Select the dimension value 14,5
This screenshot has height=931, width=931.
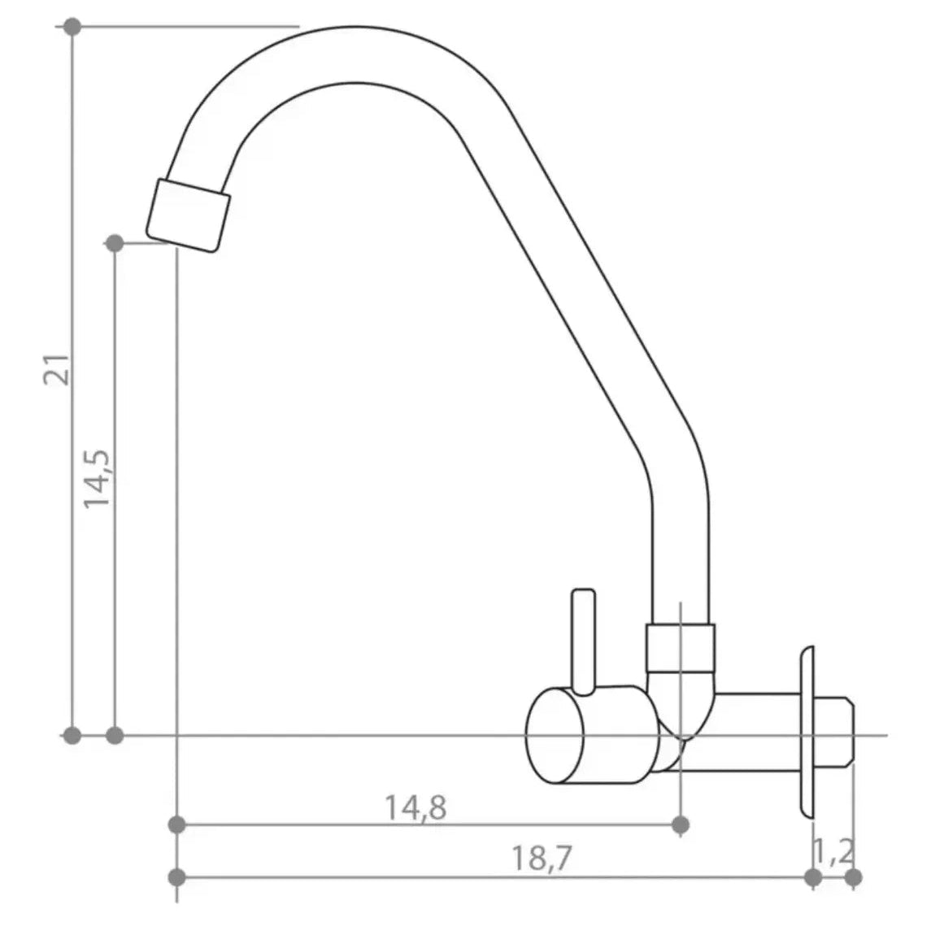point(96,479)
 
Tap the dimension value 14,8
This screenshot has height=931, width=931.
point(415,808)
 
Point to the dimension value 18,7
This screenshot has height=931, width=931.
point(541,859)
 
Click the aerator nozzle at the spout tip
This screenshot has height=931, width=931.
point(188,215)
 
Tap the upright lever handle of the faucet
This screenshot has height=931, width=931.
point(583,642)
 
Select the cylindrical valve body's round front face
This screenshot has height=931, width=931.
point(555,736)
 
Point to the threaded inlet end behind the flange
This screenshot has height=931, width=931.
point(834,734)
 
